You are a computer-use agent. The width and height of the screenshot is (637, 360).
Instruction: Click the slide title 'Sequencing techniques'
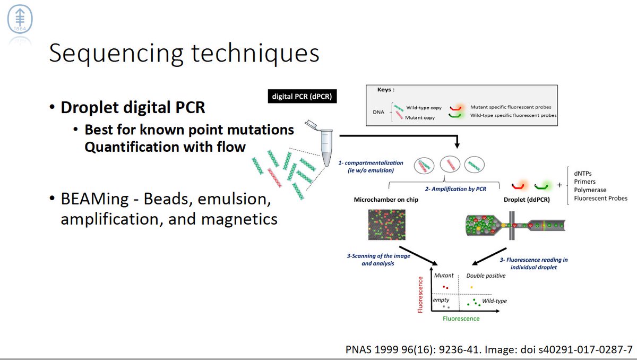pyautogui.click(x=184, y=55)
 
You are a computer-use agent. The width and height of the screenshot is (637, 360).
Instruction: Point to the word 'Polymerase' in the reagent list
pyautogui.click(x=593, y=190)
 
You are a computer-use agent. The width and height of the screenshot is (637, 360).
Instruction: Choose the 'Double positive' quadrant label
pyautogui.click(x=485, y=276)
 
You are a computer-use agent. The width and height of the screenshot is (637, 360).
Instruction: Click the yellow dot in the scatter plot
pyautogui.click(x=471, y=287)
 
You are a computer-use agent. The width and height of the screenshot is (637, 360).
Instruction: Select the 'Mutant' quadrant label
pyautogui.click(x=444, y=276)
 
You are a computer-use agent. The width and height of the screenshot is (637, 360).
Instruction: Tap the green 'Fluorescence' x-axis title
pyautogui.click(x=461, y=319)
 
